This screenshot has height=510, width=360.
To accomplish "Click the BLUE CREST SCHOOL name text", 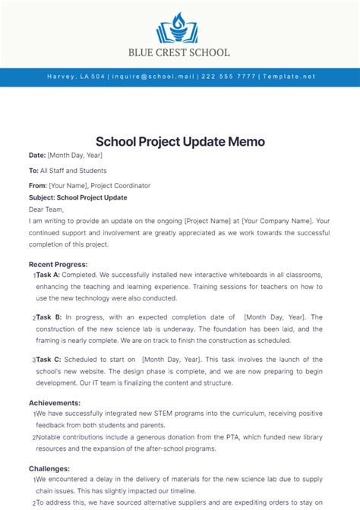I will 180,53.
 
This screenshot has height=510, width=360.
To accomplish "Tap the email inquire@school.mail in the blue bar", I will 153,77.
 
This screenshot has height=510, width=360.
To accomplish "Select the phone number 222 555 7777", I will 227,77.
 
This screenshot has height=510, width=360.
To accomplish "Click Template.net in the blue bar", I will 287,77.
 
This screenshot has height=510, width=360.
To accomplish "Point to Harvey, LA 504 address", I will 76,77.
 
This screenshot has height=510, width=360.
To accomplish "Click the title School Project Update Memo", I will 180,142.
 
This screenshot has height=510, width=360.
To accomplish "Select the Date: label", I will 37,156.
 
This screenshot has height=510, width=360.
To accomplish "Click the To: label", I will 33,171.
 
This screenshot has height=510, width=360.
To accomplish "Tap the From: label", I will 38,185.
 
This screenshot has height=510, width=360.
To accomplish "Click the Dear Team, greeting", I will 47,209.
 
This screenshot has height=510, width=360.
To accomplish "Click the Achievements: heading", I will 54,403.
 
